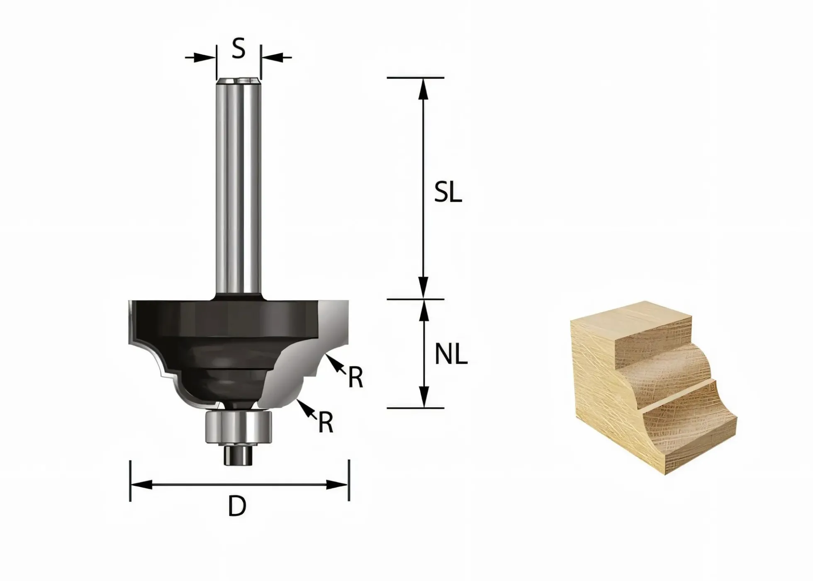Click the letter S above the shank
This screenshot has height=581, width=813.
[238, 48]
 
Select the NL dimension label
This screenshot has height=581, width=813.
[451, 355]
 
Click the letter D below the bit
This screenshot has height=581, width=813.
[237, 506]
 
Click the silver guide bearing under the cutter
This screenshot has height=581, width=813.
[239, 427]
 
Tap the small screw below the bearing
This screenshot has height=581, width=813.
[239, 455]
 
